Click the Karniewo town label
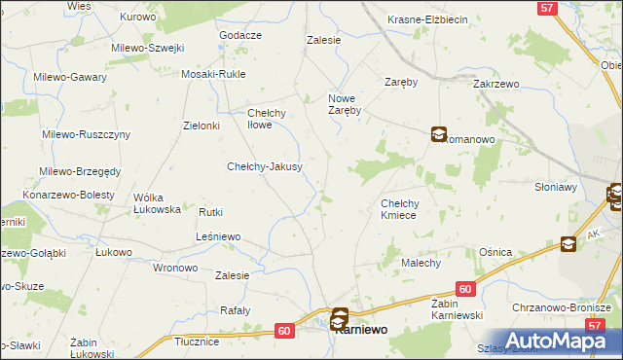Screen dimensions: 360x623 (359, 330)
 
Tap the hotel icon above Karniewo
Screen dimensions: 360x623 (340, 316)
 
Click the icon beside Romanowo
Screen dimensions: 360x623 (439, 136)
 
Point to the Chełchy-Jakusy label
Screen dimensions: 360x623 (265, 166)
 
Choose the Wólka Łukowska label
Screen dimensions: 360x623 (157, 202)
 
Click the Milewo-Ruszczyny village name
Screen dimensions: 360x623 (86, 134)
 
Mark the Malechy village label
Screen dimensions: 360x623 (421, 263)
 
